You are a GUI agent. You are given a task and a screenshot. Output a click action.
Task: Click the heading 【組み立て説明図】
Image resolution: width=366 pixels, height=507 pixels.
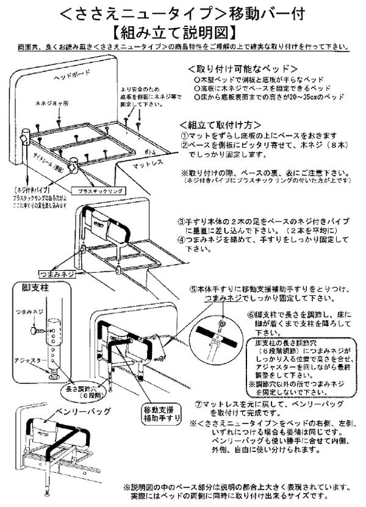(x=183, y=31)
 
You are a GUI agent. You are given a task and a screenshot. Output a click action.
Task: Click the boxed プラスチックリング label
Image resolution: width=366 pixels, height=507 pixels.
(x=95, y=190)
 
